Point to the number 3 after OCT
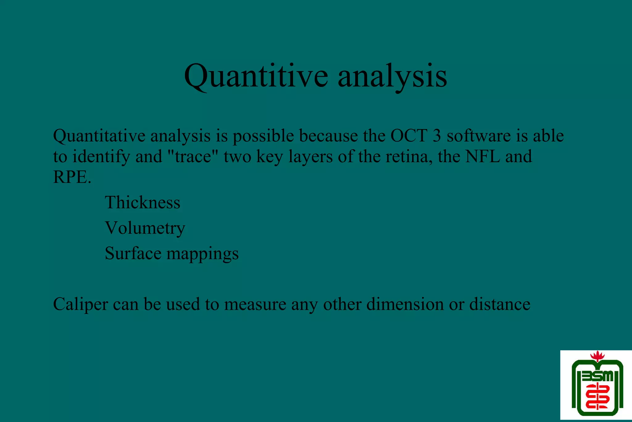(x=437, y=136)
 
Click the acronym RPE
(x=72, y=177)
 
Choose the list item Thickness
(x=142, y=203)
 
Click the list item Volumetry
(x=145, y=228)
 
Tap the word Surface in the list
(x=133, y=253)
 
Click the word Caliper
(x=80, y=305)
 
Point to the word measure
(x=255, y=305)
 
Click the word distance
(x=500, y=304)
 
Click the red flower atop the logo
(x=597, y=357)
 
